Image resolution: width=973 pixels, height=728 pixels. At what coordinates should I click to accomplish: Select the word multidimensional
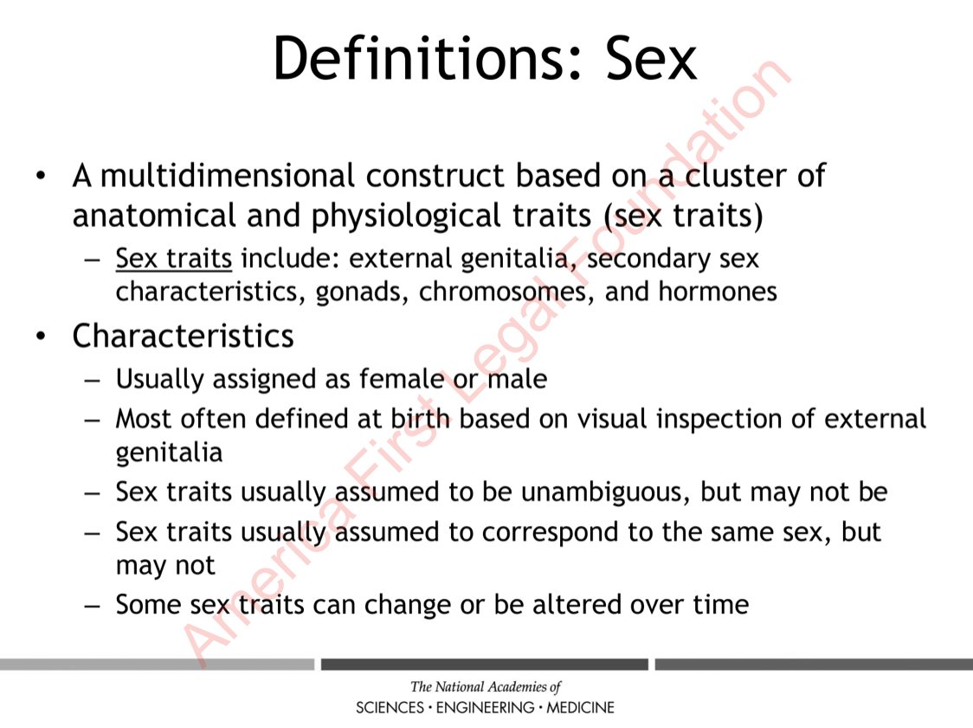[228, 175]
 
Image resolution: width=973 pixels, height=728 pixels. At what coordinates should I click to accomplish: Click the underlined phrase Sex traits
[174, 258]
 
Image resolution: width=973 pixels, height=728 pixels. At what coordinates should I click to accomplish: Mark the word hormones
[718, 291]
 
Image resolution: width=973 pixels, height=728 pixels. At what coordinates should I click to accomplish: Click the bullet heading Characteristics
[183, 336]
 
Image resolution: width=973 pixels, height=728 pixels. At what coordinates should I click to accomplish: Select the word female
[402, 378]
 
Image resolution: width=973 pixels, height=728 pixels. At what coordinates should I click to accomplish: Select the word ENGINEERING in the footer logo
[486, 707]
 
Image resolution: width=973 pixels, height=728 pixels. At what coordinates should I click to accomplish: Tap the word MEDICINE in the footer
[580, 707]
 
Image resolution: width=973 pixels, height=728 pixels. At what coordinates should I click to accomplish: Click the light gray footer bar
[157, 665]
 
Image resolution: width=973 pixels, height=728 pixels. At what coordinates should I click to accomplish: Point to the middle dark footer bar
[485, 665]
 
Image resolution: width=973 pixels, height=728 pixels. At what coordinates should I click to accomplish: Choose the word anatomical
[154, 216]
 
